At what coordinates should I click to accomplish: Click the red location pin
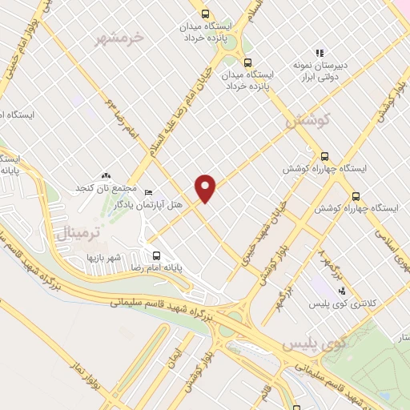tap(206, 187)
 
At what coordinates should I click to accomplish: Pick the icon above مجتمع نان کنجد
tap(105, 175)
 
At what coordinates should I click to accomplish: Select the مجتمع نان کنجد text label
tap(105, 187)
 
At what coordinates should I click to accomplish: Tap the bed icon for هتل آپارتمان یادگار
tap(147, 193)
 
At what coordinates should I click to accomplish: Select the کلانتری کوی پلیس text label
tap(342, 303)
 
